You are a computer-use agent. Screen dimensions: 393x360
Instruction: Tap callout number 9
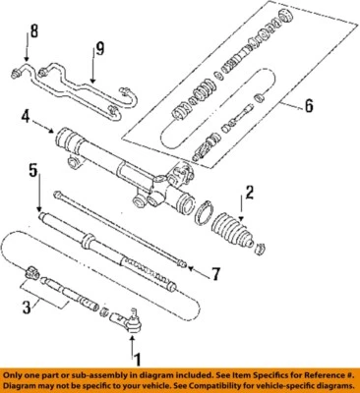(98, 47)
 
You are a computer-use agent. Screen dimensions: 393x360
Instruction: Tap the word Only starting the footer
(16, 376)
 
